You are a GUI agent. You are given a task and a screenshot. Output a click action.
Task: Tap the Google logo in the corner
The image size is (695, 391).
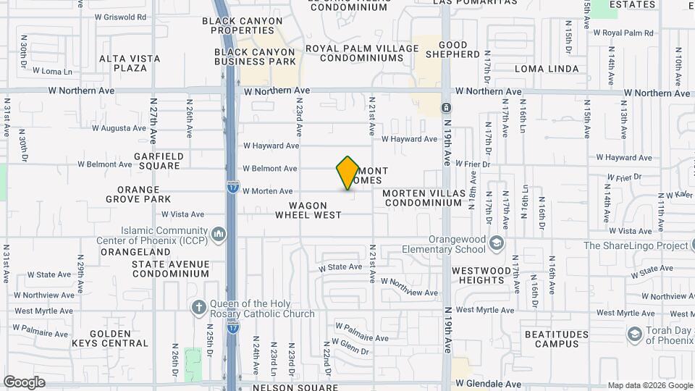click(24, 382)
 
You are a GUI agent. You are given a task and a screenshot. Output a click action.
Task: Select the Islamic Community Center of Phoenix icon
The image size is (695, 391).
click(219, 235)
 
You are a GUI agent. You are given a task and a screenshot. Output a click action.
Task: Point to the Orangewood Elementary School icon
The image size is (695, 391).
click(496, 243)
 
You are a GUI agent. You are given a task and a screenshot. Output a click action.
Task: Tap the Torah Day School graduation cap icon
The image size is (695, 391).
click(635, 334)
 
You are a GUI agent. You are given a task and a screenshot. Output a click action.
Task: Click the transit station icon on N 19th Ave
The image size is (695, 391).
click(446, 109)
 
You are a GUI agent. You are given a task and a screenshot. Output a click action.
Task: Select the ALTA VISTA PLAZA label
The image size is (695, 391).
click(123, 63)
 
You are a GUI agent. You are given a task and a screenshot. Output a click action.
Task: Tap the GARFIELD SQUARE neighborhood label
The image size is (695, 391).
click(159, 161)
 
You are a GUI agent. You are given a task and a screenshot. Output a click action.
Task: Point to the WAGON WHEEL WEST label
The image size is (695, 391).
click(308, 210)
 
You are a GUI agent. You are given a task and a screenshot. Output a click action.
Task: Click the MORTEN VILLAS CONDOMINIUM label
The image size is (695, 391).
click(422, 198)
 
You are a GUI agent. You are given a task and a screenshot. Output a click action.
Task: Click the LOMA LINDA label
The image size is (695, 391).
click(547, 69)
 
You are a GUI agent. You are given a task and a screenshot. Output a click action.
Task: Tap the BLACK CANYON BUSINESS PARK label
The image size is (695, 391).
click(255, 57)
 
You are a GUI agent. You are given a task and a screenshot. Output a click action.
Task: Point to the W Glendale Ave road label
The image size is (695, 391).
click(488, 384)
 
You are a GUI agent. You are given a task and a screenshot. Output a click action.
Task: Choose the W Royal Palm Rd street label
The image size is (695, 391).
click(623, 33)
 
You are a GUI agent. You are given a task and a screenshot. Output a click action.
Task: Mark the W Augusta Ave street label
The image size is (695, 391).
click(120, 128)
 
